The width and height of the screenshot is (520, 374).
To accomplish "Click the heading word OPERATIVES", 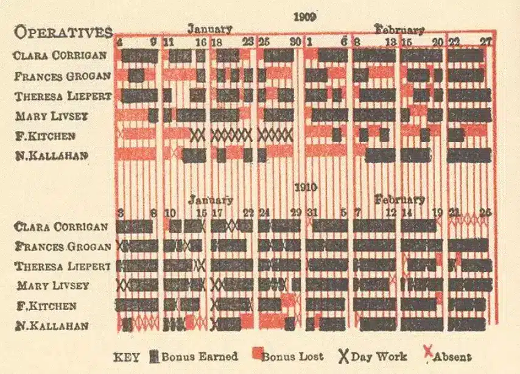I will tap(63, 32).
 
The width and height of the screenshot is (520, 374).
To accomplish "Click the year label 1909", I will tap(304, 16).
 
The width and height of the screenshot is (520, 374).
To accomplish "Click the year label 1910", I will tap(304, 188).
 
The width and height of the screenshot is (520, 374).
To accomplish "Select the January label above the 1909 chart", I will tap(209, 29).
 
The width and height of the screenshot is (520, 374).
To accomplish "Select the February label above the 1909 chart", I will tap(399, 29).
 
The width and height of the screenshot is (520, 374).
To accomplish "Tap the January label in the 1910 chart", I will tap(210, 200).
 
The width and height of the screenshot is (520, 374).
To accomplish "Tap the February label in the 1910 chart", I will tap(399, 200).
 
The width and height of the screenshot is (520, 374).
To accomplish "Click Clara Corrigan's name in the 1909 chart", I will tap(60, 55).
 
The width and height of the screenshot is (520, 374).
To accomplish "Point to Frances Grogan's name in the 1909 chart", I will tap(63, 76).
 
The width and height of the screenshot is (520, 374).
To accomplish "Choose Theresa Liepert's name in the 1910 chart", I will tap(63, 266).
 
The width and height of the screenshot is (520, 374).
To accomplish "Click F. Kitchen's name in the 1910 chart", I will tap(47, 305).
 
